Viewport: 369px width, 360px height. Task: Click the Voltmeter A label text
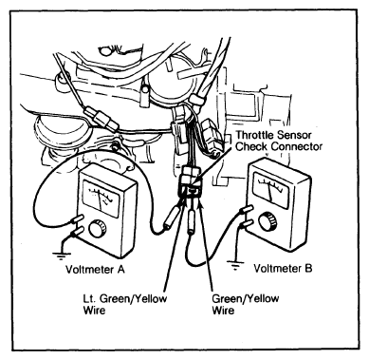[95, 270]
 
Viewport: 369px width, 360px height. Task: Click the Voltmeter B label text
[283, 269]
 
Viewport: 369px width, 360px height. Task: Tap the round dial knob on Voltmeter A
[98, 229]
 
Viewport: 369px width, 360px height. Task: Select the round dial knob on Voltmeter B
[268, 221]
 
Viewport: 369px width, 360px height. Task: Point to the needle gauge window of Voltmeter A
[101, 199]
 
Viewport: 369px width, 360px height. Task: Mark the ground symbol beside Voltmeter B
[235, 263]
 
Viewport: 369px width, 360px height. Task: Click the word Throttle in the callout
[255, 135]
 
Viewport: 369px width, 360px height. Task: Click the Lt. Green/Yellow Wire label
[125, 304]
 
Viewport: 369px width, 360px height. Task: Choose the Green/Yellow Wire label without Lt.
[246, 304]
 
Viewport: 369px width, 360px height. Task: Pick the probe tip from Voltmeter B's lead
[191, 222]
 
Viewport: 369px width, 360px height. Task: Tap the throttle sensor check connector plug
[190, 183]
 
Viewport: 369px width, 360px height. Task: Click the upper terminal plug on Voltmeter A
[79, 218]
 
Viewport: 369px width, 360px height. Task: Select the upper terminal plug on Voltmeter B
[247, 210]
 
